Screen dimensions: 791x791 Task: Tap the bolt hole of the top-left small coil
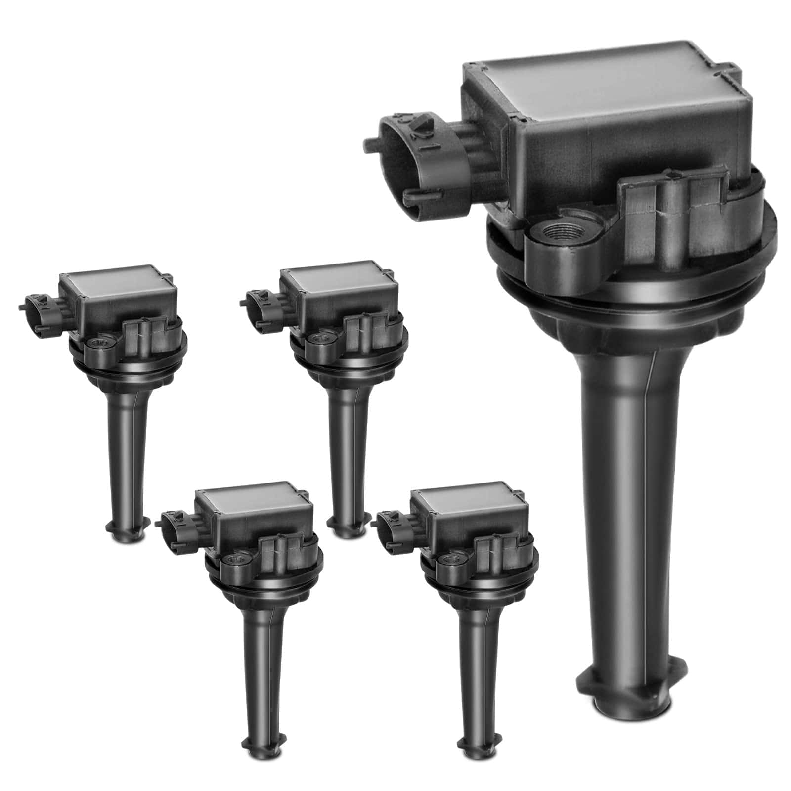point(96,342)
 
